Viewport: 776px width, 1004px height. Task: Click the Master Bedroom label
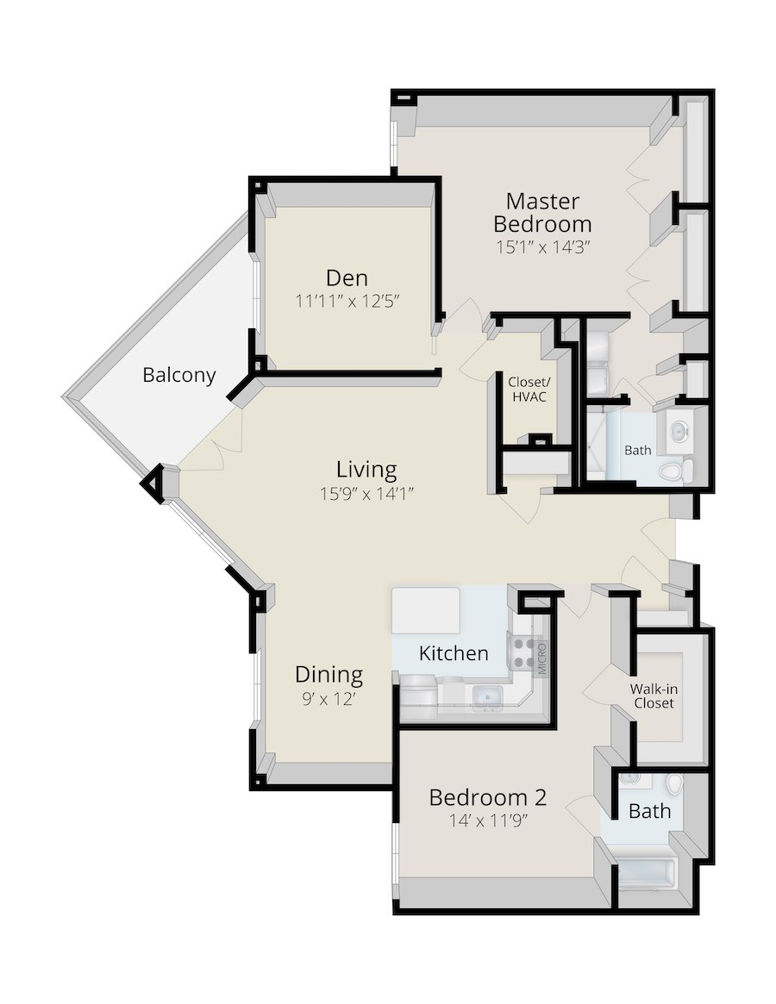(542, 213)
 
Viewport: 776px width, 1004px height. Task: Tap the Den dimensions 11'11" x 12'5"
(347, 301)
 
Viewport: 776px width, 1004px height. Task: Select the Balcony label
(178, 375)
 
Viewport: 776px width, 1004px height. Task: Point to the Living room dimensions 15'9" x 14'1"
(366, 494)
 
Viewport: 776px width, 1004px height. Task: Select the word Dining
(329, 675)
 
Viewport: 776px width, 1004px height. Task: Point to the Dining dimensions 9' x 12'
(329, 699)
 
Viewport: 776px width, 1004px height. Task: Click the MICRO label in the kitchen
(542, 658)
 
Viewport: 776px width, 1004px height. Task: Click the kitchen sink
(487, 695)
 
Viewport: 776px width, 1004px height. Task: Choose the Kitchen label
(454, 654)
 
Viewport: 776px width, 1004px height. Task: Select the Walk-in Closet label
(654, 696)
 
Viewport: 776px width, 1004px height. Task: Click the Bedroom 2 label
(488, 798)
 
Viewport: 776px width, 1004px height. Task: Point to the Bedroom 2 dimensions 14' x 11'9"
(488, 820)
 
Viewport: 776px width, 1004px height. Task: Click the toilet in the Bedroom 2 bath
(674, 783)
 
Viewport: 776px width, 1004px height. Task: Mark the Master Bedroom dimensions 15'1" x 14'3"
(542, 247)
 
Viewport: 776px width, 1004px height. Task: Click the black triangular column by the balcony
(153, 484)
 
